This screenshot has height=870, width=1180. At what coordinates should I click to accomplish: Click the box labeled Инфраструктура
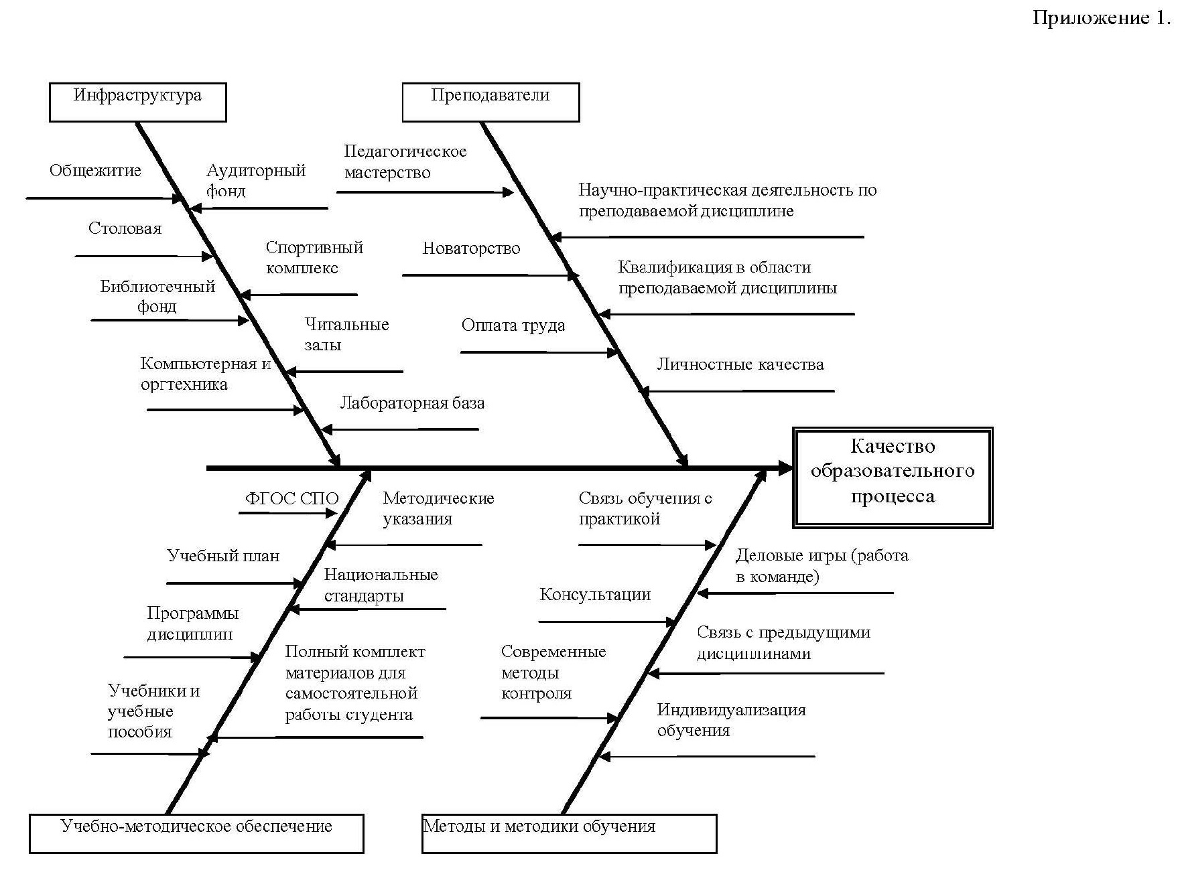pos(137,102)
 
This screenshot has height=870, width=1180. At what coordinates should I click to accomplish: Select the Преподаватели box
pos(490,102)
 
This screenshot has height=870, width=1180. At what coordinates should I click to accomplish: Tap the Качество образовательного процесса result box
pos(893,477)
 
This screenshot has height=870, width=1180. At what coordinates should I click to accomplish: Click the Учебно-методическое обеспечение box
pos(196,833)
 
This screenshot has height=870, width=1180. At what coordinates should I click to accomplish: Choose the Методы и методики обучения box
pos(569,833)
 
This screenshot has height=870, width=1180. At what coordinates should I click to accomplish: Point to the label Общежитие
pos(95,171)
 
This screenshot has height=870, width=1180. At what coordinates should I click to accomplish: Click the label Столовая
pos(125,229)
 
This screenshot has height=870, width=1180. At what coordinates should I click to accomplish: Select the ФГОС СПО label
pos(291,499)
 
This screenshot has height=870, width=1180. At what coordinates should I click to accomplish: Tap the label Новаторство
pos(471,249)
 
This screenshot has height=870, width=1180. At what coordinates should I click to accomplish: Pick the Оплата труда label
pos(513,326)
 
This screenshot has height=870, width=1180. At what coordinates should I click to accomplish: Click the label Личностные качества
pos(740,365)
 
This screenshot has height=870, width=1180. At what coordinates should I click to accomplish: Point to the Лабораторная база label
pos(412,403)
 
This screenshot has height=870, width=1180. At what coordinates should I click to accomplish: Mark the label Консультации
pos(595,595)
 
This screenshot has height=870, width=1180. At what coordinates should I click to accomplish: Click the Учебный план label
pos(223,556)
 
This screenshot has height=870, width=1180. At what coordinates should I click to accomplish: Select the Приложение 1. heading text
pos(1102,18)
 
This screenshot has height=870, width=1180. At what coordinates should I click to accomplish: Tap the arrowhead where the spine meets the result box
pos(785,468)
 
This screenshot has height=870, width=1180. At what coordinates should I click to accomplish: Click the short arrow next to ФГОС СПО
pos(288,513)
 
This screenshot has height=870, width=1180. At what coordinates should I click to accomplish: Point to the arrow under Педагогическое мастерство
pos(425,192)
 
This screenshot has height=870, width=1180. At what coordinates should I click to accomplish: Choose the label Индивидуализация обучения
pos(731,720)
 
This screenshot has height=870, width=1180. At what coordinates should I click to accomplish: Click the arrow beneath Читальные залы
pos(344,372)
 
